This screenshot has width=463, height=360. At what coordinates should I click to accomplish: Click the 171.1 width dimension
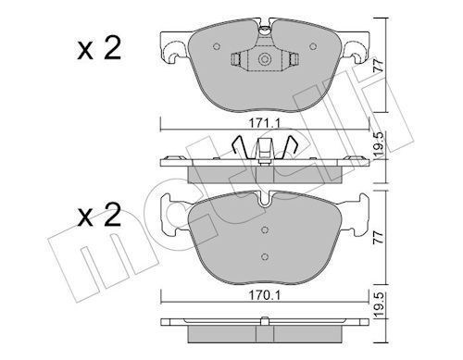[x=265, y=124]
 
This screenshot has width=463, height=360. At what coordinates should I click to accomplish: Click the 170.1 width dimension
[x=265, y=296]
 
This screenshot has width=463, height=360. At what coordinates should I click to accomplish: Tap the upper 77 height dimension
[x=379, y=66]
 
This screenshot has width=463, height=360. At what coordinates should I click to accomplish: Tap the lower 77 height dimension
[x=379, y=237]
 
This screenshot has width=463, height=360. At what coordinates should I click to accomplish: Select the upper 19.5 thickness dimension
[x=380, y=143]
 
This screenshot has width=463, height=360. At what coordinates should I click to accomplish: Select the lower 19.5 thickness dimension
[x=380, y=304]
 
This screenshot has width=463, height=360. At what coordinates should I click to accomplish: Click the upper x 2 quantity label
[x=99, y=48]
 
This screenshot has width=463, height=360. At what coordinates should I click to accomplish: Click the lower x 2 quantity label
[x=99, y=216]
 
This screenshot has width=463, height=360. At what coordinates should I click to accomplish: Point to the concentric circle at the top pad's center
[x=264, y=58]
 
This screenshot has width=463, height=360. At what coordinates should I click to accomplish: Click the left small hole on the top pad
[x=217, y=46]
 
